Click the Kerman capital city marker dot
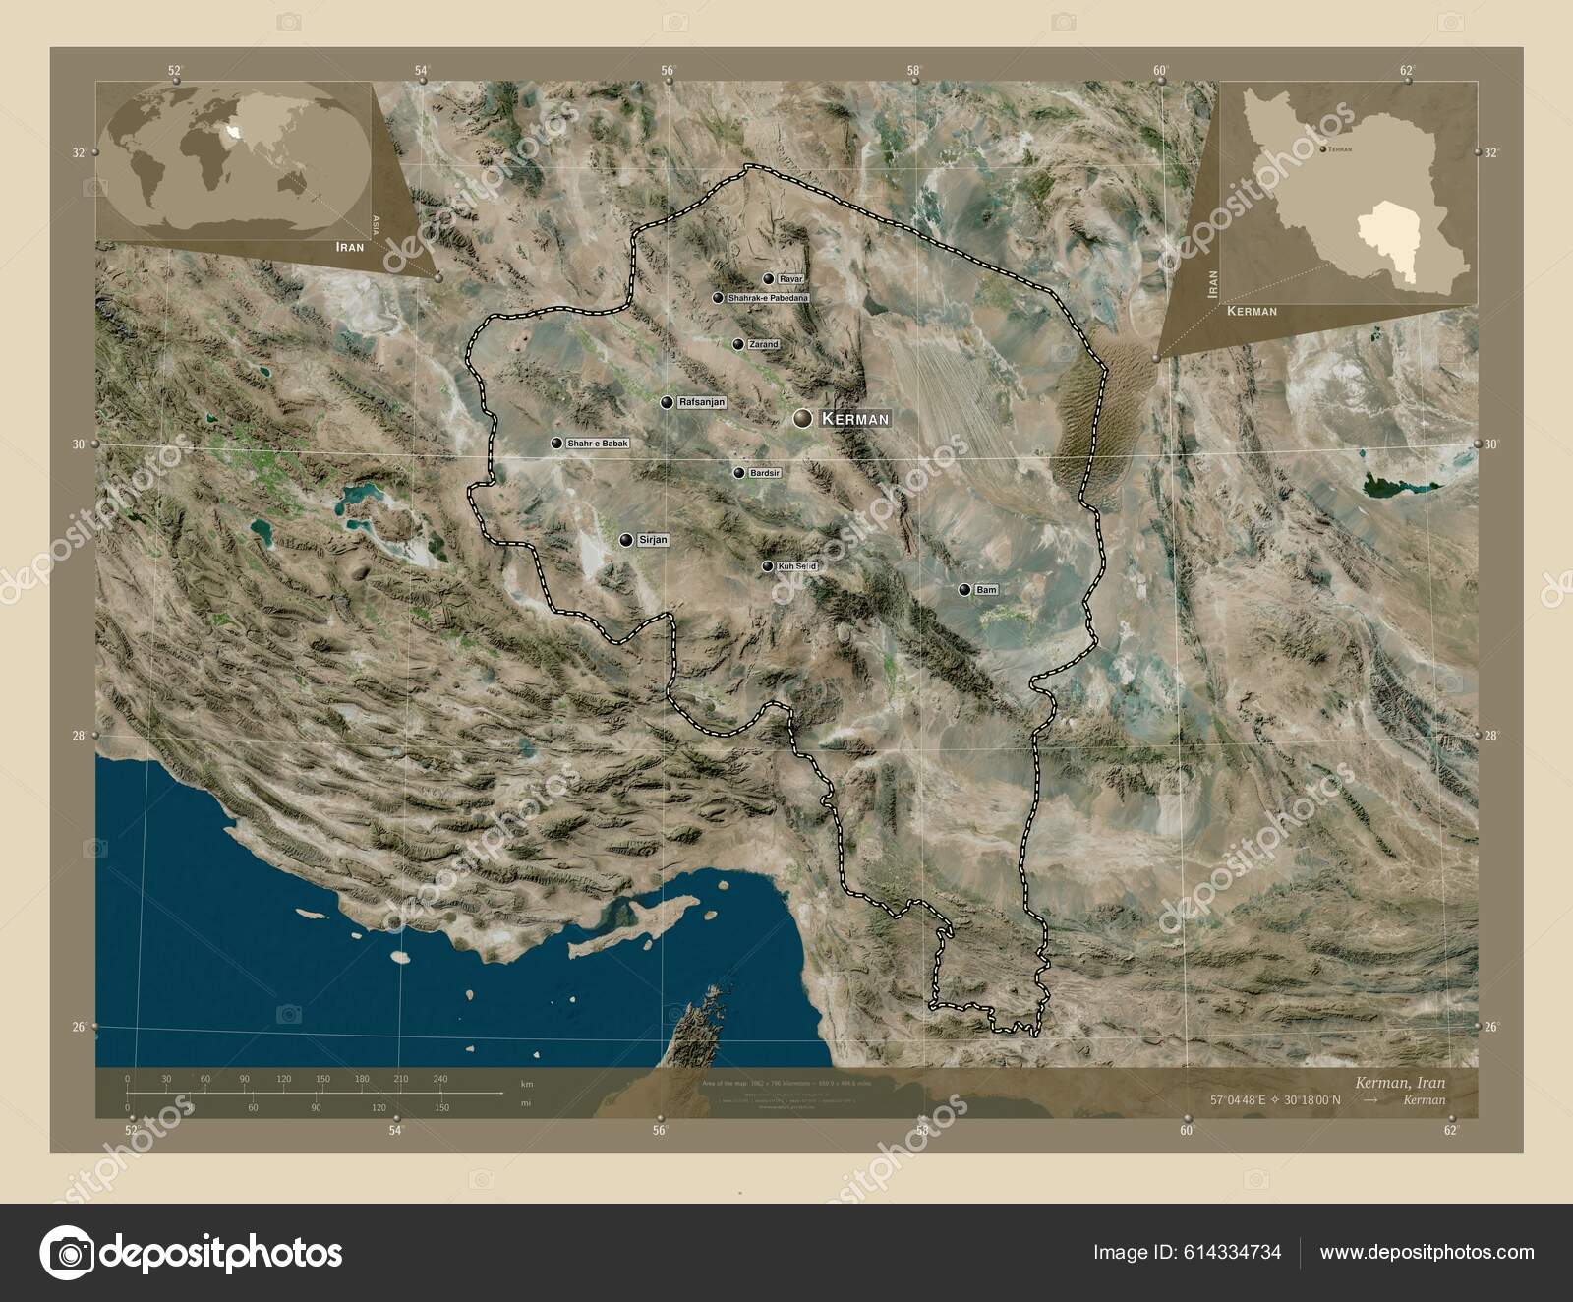pos(803,418)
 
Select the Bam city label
pos(987,590)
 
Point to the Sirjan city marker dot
pos(626,539)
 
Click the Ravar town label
pos(790,279)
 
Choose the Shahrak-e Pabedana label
pos(768,298)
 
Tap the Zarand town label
pos(763,345)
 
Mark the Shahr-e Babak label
pos(596,444)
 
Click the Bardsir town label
pos(765,473)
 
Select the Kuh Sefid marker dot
pos(767,566)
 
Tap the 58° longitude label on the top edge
pos(914,70)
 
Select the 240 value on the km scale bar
pos(439,1079)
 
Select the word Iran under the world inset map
pos(348,247)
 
